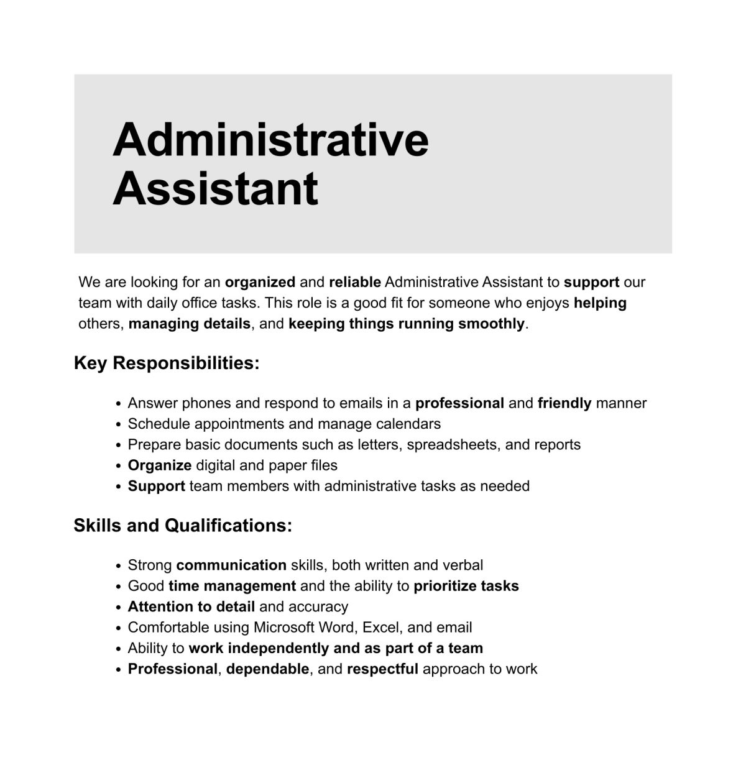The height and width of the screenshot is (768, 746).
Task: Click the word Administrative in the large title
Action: pos(270,139)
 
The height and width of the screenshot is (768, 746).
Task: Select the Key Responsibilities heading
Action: pos(167,363)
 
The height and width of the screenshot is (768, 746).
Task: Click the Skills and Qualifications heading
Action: pos(183,526)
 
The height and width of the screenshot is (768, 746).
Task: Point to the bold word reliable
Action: pos(354,282)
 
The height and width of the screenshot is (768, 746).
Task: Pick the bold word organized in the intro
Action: pos(260,282)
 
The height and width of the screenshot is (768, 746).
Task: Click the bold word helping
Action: pos(600,303)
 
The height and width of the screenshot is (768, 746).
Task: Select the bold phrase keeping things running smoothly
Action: pos(407,324)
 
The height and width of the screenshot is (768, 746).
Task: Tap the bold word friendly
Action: pos(564,403)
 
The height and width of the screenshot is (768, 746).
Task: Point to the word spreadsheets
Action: pos(452,445)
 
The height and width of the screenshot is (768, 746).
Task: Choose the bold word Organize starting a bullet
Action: pos(159,465)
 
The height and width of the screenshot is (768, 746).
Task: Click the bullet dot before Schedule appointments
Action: pos(118,425)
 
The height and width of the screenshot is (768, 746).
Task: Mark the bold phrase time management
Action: pos(232,586)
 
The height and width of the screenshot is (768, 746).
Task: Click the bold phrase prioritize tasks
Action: pos(466,586)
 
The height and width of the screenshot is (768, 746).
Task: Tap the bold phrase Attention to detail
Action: pos(191,606)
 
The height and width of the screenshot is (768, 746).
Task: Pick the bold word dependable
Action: pos(267,669)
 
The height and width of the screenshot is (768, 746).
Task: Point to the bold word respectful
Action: pos(382,669)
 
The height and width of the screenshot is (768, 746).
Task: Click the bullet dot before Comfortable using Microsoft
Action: pos(118,629)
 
